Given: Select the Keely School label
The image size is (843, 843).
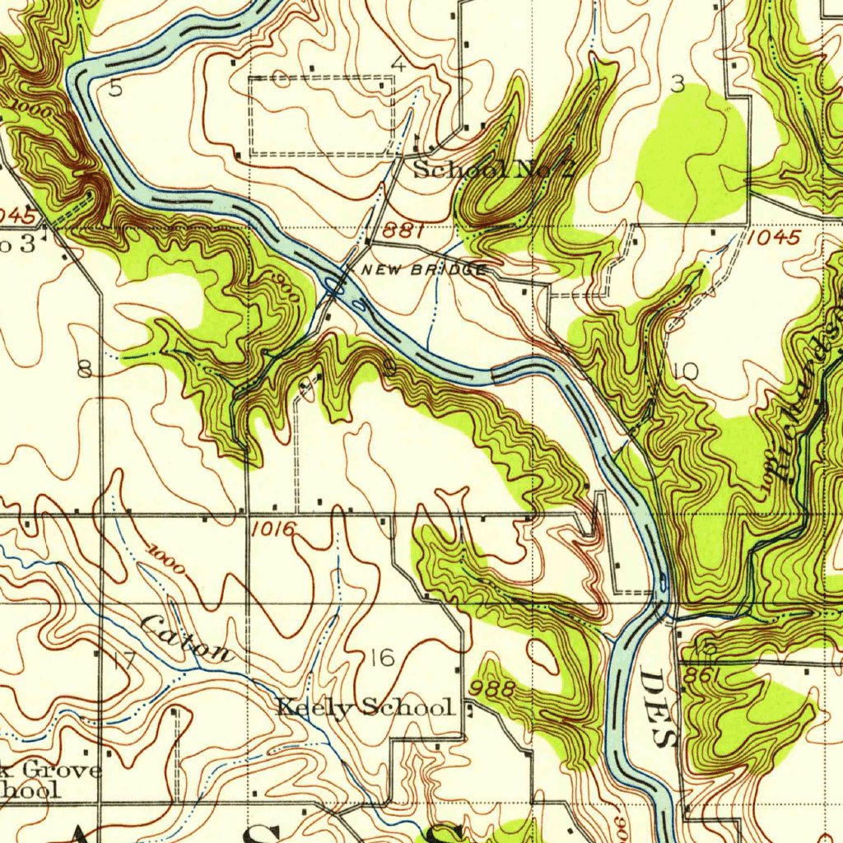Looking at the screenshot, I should click(365, 707).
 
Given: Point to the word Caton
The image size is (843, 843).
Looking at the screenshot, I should click(187, 639).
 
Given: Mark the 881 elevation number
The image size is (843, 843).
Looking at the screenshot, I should click(403, 232).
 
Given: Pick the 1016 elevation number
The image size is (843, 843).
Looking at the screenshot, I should click(273, 529).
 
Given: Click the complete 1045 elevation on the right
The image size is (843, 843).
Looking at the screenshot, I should click(775, 238).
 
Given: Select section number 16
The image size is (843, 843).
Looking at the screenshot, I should click(382, 657).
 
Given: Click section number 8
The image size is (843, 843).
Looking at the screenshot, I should click(85, 369).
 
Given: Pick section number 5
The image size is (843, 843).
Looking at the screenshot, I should click(116, 88).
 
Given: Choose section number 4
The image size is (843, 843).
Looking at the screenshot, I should click(398, 64).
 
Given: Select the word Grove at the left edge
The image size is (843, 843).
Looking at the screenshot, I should click(63, 771).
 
